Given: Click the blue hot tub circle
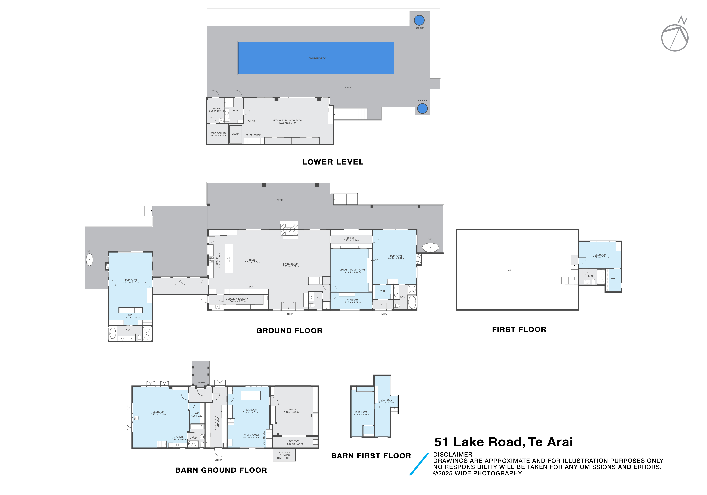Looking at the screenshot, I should pyautogui.click(x=419, y=20).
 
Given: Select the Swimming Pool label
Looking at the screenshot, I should pyautogui.click(x=318, y=58).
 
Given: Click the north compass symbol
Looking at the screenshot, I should pyautogui.click(x=675, y=35).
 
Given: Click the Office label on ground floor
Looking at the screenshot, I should pyautogui.click(x=351, y=239).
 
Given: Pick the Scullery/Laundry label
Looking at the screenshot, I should pyautogui.click(x=237, y=300).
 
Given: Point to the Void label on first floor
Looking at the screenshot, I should pyautogui.click(x=510, y=270).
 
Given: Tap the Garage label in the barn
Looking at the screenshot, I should pyautogui.click(x=292, y=411).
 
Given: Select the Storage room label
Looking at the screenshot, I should pyautogui.click(x=294, y=442).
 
